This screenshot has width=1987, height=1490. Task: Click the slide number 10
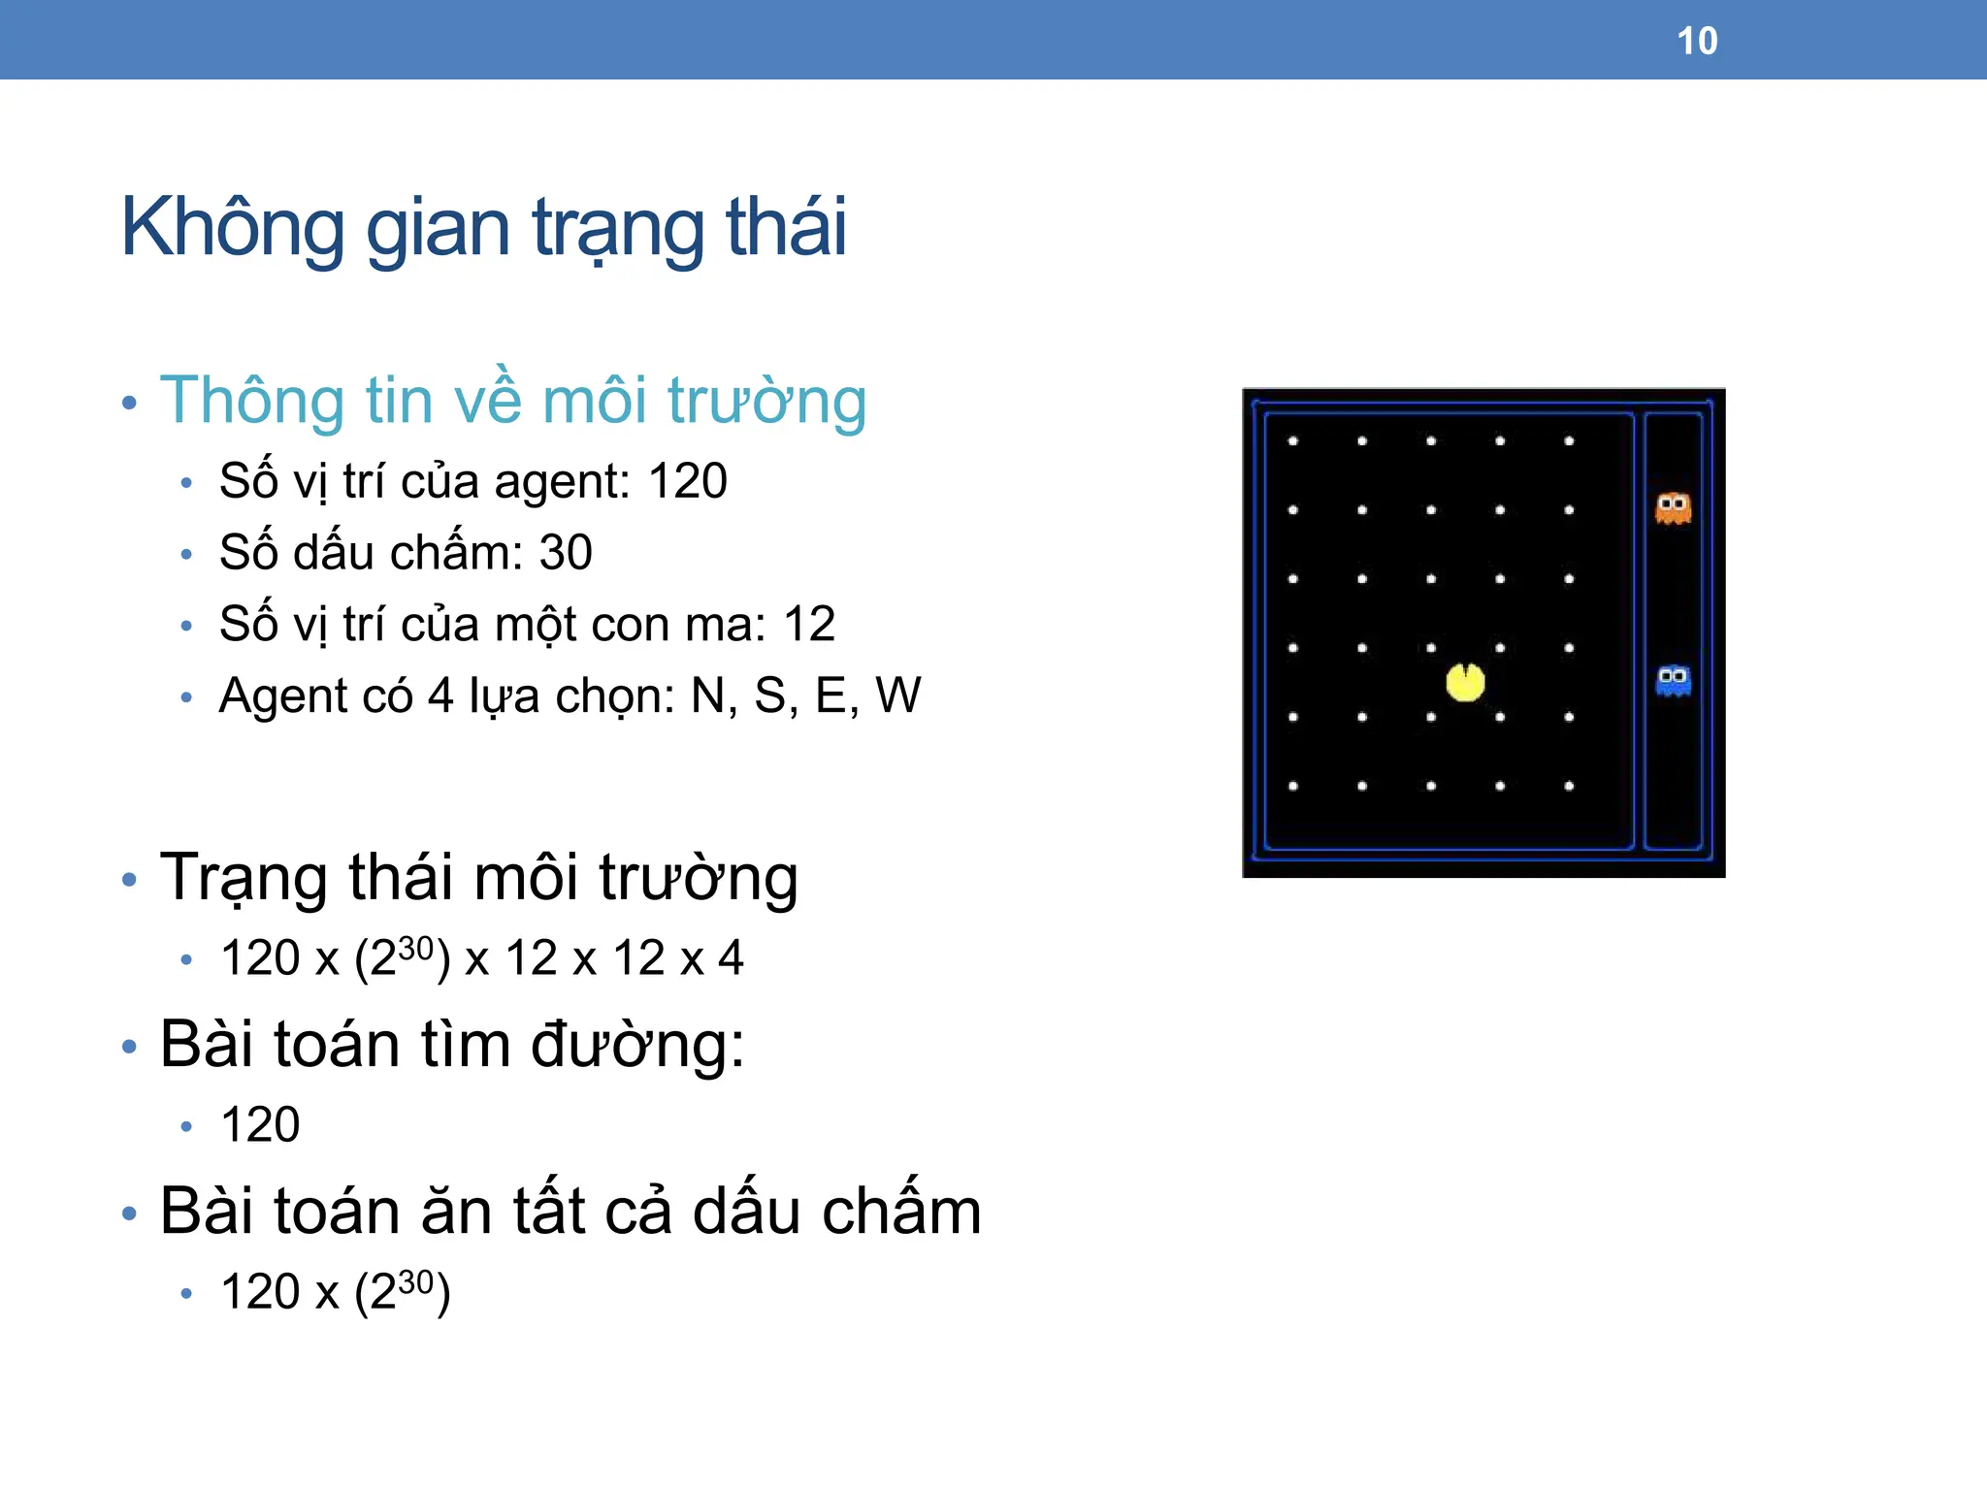[1697, 42]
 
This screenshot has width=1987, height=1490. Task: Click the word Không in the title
[232, 228]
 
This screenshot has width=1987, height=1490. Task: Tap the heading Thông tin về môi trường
[512, 401]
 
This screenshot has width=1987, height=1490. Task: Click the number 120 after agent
[687, 481]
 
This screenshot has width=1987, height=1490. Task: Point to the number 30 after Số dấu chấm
[565, 553]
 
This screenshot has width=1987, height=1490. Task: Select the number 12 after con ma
[809, 624]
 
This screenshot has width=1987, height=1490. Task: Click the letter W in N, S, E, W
[897, 696]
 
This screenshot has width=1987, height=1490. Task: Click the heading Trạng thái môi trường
[478, 878]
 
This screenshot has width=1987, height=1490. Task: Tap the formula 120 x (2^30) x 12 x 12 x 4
[481, 958]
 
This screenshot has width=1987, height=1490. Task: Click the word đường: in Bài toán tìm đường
[637, 1045]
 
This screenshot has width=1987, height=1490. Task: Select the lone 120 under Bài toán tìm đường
[260, 1125]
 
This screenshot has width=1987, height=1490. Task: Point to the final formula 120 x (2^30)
[335, 1292]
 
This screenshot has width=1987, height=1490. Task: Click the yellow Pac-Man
[1465, 682]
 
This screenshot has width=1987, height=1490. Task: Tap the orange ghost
[1673, 508]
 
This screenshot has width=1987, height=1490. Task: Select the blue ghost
[1673, 680]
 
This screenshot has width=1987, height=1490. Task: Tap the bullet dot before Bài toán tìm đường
[130, 1047]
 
